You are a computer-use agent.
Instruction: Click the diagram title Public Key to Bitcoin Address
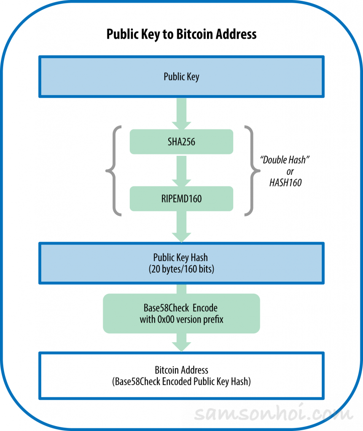tap(181, 34)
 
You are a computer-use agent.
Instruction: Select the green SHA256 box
tap(181, 142)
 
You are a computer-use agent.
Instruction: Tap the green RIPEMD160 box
tap(181, 198)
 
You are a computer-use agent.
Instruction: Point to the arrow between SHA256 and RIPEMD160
tap(181, 170)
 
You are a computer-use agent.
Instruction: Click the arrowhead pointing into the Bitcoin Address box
tap(181, 343)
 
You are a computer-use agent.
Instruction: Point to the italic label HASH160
tap(285, 183)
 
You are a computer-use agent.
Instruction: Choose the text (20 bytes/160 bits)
tap(181, 269)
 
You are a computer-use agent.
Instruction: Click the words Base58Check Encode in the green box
tap(181, 308)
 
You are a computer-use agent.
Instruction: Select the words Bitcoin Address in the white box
tap(181, 370)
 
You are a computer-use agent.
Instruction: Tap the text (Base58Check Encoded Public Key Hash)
tap(181, 382)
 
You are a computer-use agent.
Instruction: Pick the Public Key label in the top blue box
tap(181, 77)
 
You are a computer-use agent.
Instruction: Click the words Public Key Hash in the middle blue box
tap(181, 258)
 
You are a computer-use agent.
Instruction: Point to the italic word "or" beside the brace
tap(290, 172)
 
